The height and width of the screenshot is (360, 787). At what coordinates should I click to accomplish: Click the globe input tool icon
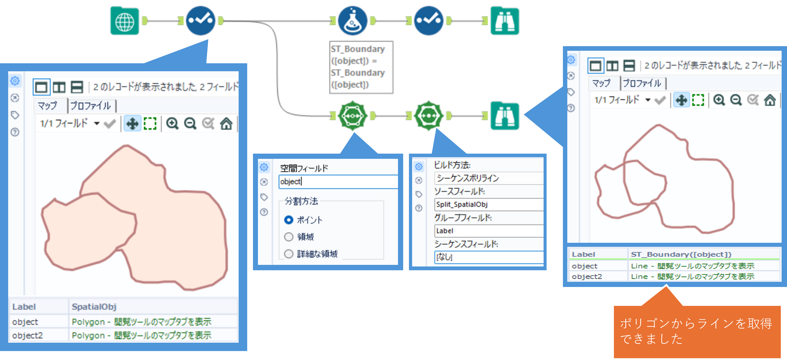tap(125, 21)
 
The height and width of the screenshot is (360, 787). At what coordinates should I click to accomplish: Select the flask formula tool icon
tap(353, 21)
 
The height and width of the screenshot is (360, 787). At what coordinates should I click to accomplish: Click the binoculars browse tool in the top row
tap(505, 21)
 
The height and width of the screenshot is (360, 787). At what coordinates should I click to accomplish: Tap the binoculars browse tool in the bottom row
tap(505, 116)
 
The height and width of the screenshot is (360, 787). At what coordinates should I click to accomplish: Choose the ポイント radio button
tap(289, 220)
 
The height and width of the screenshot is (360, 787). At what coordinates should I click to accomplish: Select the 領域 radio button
tap(289, 237)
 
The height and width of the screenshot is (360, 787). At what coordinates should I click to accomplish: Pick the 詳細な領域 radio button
tap(289, 254)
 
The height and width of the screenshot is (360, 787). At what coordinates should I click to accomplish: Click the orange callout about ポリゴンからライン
tap(697, 331)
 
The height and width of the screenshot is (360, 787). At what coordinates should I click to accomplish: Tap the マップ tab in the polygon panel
tap(48, 106)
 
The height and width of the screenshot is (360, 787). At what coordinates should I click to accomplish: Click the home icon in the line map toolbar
tap(770, 100)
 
